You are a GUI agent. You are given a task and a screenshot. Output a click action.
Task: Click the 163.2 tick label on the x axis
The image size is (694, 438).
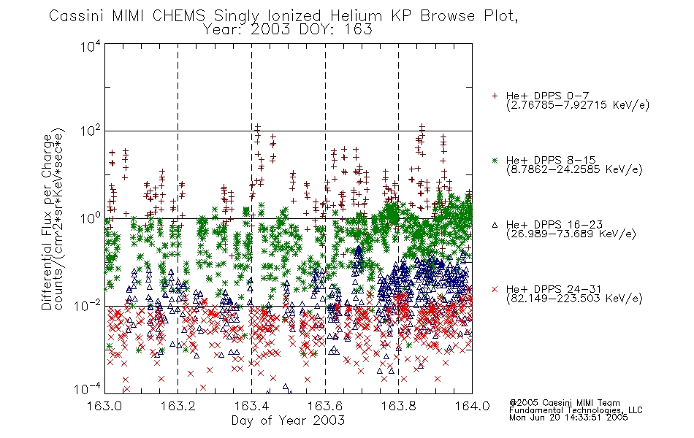click(178, 406)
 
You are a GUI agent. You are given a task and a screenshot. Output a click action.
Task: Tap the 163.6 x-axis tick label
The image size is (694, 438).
click(325, 406)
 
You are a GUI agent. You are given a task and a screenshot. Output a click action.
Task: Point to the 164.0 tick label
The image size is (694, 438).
click(472, 406)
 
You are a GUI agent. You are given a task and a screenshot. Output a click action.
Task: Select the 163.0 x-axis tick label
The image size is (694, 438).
click(104, 406)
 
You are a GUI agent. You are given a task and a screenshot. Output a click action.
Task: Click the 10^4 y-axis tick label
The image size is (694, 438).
click(91, 46)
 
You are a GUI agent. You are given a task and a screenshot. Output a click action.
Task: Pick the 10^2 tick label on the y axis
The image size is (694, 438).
click(91, 131)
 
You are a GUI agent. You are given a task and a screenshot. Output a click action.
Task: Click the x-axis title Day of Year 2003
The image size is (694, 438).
click(288, 420)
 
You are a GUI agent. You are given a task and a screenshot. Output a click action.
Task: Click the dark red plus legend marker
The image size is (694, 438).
click(495, 96)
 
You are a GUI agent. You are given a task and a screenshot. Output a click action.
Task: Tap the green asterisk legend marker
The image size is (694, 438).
click(495, 160)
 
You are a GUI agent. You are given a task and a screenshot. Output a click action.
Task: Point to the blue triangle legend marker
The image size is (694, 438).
click(495, 225)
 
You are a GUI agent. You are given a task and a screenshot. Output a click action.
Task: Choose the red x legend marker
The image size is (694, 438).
click(495, 289)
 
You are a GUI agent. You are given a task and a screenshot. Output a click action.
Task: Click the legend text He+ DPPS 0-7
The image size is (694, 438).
click(547, 96)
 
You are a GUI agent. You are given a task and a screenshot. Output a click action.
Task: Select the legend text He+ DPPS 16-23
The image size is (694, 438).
click(554, 224)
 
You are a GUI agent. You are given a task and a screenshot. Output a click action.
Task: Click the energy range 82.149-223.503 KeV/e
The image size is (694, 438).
click(574, 299)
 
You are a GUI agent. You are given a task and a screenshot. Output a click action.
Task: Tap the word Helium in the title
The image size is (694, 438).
click(356, 16)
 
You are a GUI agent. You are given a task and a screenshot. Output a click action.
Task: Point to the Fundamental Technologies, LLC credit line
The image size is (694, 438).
click(576, 410)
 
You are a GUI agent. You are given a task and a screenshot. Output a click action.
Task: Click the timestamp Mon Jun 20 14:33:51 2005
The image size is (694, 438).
click(568, 418)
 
